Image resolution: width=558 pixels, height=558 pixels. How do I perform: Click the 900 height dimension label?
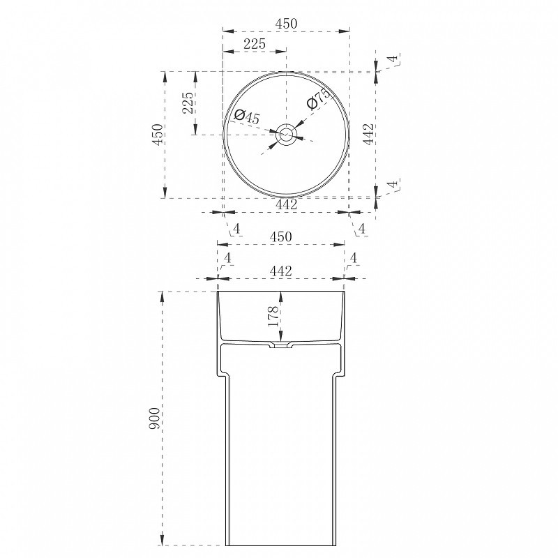tap(154, 418)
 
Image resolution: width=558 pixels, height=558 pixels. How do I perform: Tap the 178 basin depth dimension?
tap(273, 317)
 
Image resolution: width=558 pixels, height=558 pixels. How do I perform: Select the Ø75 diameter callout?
tap(318, 98)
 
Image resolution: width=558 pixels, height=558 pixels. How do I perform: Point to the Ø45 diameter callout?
tap(248, 116)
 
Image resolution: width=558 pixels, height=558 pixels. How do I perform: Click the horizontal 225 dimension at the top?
tap(255, 44)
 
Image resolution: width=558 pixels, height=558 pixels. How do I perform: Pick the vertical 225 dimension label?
tap(188, 103)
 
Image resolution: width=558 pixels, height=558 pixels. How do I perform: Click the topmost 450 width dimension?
tap(286, 24)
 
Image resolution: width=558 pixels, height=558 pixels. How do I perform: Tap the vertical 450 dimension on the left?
tap(158, 134)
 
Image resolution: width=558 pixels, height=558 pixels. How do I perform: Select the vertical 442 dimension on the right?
tap(368, 134)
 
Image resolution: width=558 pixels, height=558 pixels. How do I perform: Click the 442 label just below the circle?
tap(287, 204)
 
